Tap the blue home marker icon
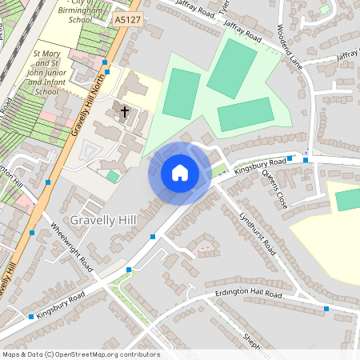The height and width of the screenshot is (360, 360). tap(180, 173)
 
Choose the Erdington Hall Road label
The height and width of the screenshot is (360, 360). tap(249, 296)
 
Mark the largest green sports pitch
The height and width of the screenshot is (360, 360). tap(231, 69)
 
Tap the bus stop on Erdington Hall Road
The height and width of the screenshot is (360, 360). tap(326, 308)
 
